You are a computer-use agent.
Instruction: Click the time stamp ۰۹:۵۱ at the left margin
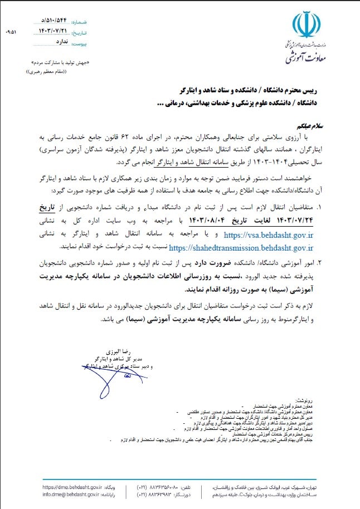[11, 31]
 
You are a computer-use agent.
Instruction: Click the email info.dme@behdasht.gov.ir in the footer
[71, 494]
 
